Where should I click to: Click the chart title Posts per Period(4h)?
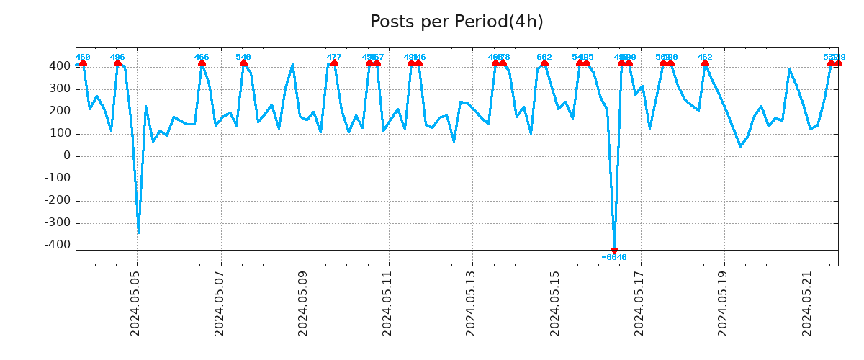(x=456, y=22)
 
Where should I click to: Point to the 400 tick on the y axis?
(x=60, y=66)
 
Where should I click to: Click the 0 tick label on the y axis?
(x=66, y=156)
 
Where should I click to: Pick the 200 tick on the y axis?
(x=60, y=112)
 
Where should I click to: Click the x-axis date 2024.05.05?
(x=136, y=307)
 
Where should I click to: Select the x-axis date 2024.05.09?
(x=304, y=307)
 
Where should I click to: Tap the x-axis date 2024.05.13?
(x=472, y=307)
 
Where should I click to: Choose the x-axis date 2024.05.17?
(x=639, y=307)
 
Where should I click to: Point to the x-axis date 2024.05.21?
(x=807, y=307)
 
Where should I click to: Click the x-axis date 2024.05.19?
(x=724, y=307)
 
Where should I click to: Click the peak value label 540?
(x=243, y=57)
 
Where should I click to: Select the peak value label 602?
(x=544, y=57)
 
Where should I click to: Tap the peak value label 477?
(x=334, y=57)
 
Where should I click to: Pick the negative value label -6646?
(x=614, y=258)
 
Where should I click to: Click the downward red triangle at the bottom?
(x=614, y=251)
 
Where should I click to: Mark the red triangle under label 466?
(x=202, y=63)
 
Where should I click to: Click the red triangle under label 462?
(x=705, y=63)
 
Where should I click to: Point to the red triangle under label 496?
(x=117, y=63)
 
